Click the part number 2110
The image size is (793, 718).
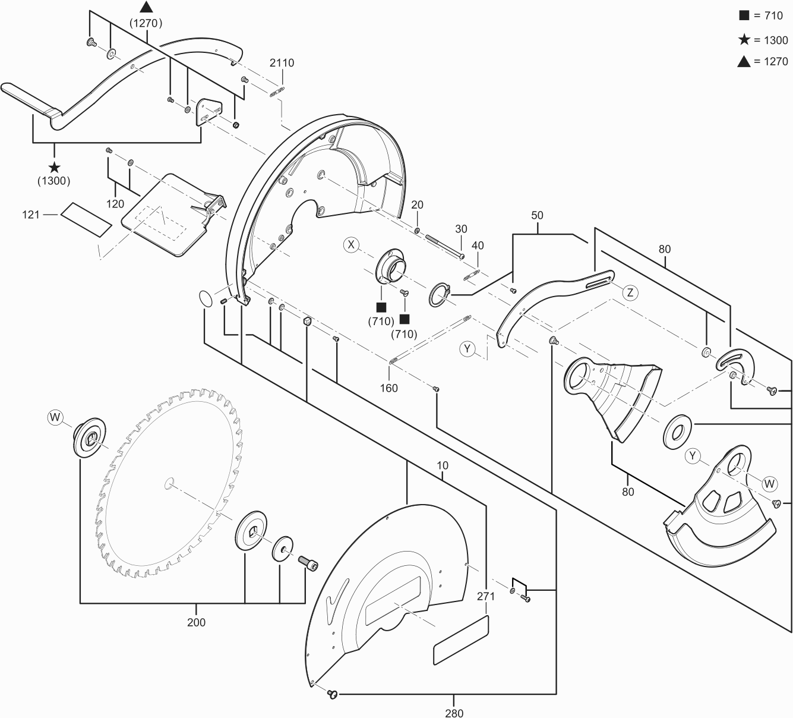(282, 63)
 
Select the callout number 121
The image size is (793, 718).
(31, 214)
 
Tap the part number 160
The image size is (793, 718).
(389, 388)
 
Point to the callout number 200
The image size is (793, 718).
(196, 622)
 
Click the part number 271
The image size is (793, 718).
(486, 596)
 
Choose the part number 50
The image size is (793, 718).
(537, 215)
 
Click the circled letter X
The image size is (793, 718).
(352, 244)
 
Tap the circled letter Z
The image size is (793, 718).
(630, 292)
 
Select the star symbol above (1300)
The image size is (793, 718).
(55, 168)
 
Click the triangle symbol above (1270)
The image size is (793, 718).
(146, 8)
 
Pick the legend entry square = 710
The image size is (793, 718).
(763, 16)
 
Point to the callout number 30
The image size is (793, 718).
(462, 229)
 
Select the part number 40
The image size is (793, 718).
(478, 245)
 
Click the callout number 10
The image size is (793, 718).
(443, 465)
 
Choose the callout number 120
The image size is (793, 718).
(115, 204)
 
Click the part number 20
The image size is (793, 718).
(418, 205)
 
